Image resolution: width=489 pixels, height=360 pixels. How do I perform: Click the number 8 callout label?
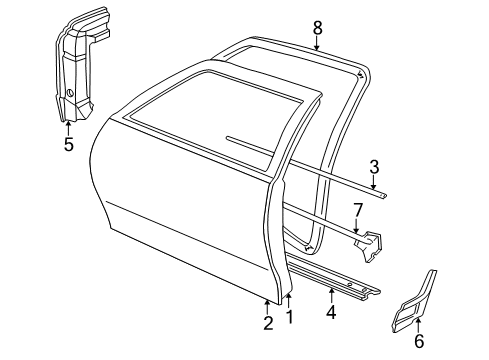pos(316,27)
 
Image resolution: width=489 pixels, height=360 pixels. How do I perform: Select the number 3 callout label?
pos(373,166)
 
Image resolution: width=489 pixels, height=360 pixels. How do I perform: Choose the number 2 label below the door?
pos(267,322)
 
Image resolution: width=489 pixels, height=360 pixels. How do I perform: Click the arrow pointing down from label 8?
pos(316,43)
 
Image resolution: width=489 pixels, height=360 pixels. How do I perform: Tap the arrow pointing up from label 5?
pos(68,126)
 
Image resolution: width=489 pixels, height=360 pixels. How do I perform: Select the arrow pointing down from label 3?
pos(373,183)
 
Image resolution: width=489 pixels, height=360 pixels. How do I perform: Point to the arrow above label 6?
pos(418,323)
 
